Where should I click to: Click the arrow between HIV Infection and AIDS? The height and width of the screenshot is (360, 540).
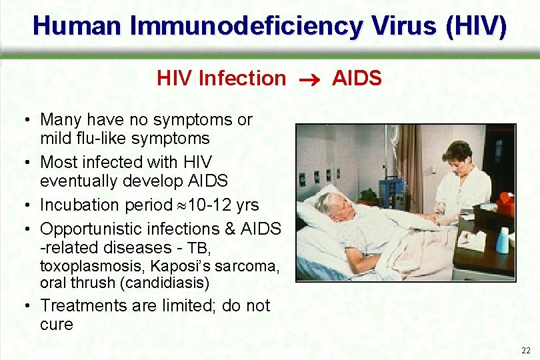click(x=309, y=79)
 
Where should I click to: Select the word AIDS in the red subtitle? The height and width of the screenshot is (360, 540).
click(x=357, y=79)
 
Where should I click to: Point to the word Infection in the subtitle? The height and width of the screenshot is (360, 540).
click(x=242, y=79)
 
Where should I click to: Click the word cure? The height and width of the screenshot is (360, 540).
click(x=57, y=325)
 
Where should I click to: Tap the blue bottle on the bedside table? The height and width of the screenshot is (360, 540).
click(x=501, y=241)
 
